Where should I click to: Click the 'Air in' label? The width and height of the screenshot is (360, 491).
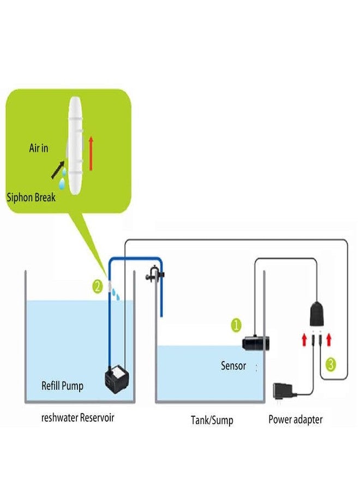38,147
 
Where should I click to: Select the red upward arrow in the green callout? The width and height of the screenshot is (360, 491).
90,153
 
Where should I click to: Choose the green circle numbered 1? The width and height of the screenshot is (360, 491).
236,326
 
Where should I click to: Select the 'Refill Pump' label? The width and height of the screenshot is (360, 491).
62,386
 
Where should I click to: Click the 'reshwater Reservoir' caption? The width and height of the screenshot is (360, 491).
78,418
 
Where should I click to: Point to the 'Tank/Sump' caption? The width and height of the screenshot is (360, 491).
212,420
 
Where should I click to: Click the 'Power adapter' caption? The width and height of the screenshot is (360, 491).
295,420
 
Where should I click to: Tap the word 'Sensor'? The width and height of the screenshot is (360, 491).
233,366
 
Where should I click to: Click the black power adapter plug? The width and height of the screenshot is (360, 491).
284,393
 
